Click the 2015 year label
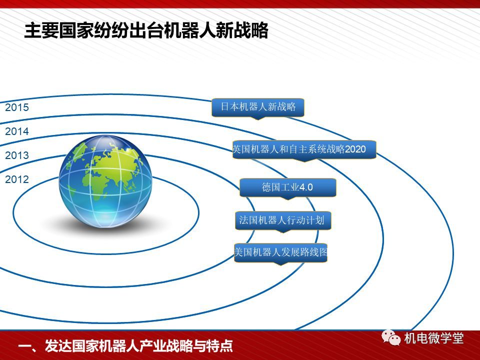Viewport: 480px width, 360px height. [x=17, y=107]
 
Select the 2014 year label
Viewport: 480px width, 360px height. [x=17, y=131]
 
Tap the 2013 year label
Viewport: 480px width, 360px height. [x=17, y=155]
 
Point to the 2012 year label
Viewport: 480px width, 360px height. [x=17, y=179]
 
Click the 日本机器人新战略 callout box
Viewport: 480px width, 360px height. [x=258, y=107]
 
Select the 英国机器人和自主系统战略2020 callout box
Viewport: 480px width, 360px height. [x=304, y=149]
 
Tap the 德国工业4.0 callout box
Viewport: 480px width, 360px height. [x=288, y=187]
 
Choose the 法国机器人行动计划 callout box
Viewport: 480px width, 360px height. [x=283, y=220]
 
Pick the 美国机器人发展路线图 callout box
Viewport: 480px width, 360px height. [x=281, y=253]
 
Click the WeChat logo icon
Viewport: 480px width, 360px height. [x=391, y=337]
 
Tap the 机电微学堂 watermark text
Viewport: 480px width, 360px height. [x=434, y=338]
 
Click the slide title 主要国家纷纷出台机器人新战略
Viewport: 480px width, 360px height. [x=146, y=30]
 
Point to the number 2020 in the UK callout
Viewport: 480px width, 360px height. [x=355, y=149]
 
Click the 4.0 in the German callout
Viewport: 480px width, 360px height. [x=306, y=187]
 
